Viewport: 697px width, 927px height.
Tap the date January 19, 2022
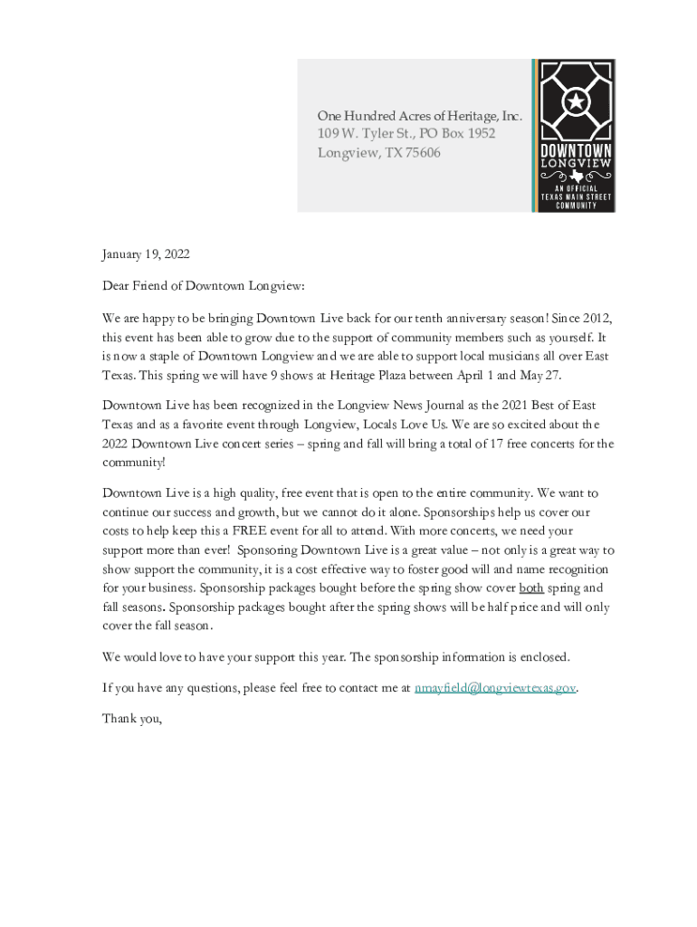146,254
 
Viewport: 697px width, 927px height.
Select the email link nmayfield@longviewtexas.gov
495,688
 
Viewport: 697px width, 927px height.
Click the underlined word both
531,588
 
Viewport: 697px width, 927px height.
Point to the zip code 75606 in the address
423,153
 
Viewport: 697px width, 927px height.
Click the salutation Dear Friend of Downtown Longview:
204,286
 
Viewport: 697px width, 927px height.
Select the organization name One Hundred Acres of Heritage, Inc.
420,116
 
